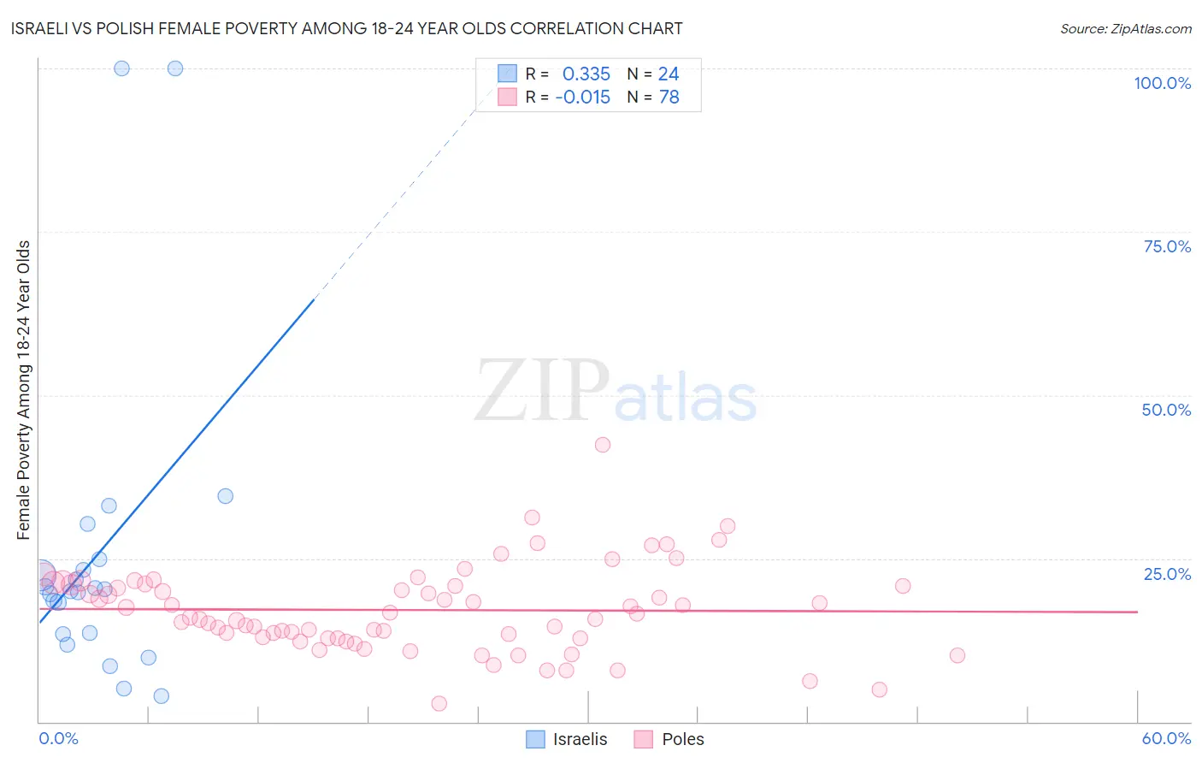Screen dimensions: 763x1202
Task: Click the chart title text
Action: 346,29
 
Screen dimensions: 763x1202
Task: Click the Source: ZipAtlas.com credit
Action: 1125,29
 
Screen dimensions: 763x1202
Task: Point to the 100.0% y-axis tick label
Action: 1162,83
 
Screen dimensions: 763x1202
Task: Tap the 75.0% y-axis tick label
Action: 1167,246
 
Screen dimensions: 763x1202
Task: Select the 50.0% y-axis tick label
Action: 1166,410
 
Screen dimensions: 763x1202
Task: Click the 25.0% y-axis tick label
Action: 1167,574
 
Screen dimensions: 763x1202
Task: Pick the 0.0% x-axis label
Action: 58,738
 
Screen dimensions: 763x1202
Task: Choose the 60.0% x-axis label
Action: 1166,738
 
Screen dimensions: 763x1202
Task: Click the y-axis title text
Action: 23,390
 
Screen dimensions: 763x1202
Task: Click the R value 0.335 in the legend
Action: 586,74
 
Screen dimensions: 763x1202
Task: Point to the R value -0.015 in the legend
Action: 583,98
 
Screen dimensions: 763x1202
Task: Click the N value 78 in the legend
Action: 669,98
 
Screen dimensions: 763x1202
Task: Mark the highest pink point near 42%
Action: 603,445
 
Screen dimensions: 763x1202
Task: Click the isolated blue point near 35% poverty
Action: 226,496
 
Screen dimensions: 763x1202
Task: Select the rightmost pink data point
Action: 957,655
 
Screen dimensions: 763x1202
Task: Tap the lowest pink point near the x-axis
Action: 439,703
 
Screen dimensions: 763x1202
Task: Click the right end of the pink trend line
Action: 1137,612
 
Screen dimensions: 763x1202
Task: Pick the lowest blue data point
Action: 162,696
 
